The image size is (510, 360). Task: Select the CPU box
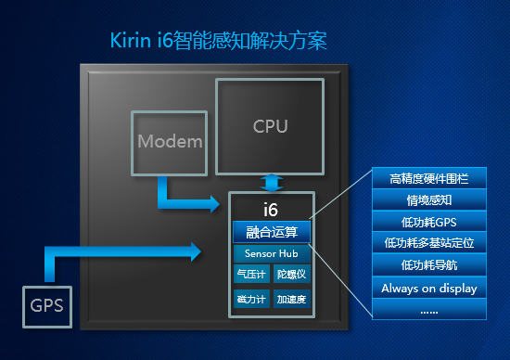coord(270,126)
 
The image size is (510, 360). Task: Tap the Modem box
coord(169,142)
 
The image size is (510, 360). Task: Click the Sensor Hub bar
coord(271,253)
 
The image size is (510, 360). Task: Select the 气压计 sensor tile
coord(250,275)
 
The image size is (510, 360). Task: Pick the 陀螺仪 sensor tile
coord(292,275)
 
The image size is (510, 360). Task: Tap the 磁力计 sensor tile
coord(250,300)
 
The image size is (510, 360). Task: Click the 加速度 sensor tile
coord(292,300)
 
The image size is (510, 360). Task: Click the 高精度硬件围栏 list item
coord(428,178)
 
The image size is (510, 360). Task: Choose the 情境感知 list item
coord(428,199)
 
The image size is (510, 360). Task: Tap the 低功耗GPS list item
coord(428,222)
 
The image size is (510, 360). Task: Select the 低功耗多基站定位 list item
coord(428,243)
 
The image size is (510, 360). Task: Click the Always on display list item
coord(428,288)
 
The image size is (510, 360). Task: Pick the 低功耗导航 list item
coord(428,265)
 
